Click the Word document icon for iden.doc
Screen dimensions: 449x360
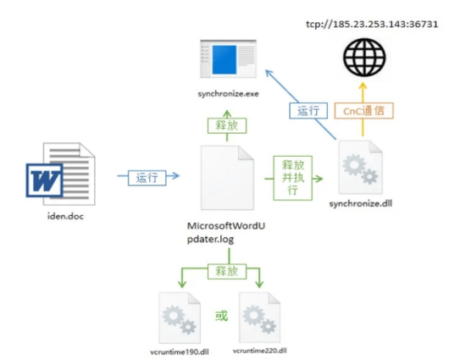(x=61, y=174)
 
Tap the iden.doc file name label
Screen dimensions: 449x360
(x=65, y=216)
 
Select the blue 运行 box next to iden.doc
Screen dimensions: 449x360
(x=147, y=178)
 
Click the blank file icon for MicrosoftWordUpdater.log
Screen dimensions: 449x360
(x=227, y=178)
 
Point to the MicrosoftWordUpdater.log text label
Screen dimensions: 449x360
(x=226, y=232)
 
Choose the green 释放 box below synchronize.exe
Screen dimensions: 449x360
(x=227, y=125)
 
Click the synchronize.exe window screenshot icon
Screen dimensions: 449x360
(x=228, y=59)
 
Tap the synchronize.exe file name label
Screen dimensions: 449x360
(x=228, y=94)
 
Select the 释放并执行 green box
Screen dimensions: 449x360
(x=292, y=178)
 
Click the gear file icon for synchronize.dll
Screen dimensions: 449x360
(x=361, y=167)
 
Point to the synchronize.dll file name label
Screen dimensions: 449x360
(x=361, y=203)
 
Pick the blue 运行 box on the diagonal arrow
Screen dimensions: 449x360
(x=308, y=111)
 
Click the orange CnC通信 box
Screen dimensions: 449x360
(x=363, y=111)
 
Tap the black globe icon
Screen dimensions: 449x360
(x=364, y=58)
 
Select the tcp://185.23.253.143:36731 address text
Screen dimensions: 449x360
(x=372, y=24)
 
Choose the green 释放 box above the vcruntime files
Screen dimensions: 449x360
(x=227, y=271)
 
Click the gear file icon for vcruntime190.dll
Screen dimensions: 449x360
(x=180, y=318)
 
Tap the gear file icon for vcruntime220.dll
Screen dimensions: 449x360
(x=260, y=318)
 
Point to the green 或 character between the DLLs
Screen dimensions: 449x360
(x=221, y=316)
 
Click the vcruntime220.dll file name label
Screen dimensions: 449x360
(x=260, y=351)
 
